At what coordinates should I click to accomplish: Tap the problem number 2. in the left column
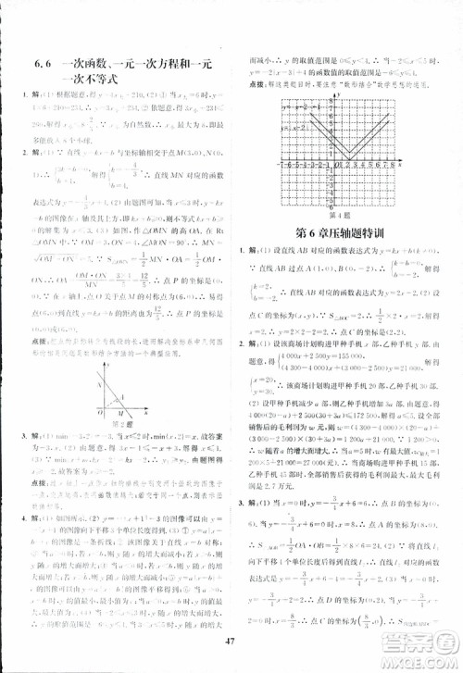[x=13, y=148]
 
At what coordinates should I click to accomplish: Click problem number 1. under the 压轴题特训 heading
[x=242, y=251]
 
